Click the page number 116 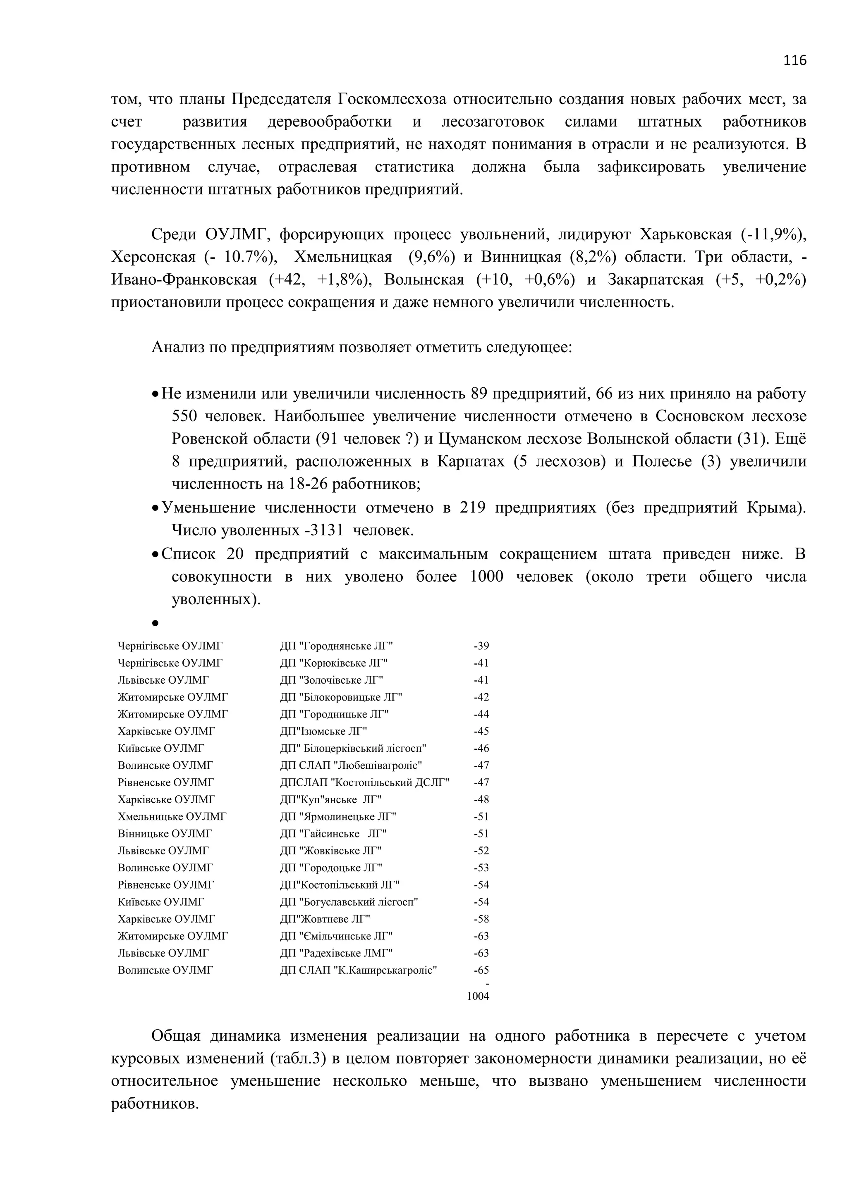pyautogui.click(x=794, y=60)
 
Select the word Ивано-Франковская pyautogui.click(x=184, y=280)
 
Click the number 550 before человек pyautogui.click(x=184, y=417)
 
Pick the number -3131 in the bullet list pyautogui.click(x=323, y=531)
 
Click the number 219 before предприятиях pyautogui.click(x=473, y=508)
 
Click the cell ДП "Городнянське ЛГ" pyautogui.click(x=336, y=646)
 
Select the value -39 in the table pyautogui.click(x=481, y=646)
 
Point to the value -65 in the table pyautogui.click(x=481, y=970)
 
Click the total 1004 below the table pyautogui.click(x=478, y=996)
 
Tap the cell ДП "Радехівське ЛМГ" pyautogui.click(x=336, y=953)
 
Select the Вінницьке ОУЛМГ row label pyautogui.click(x=165, y=834)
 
